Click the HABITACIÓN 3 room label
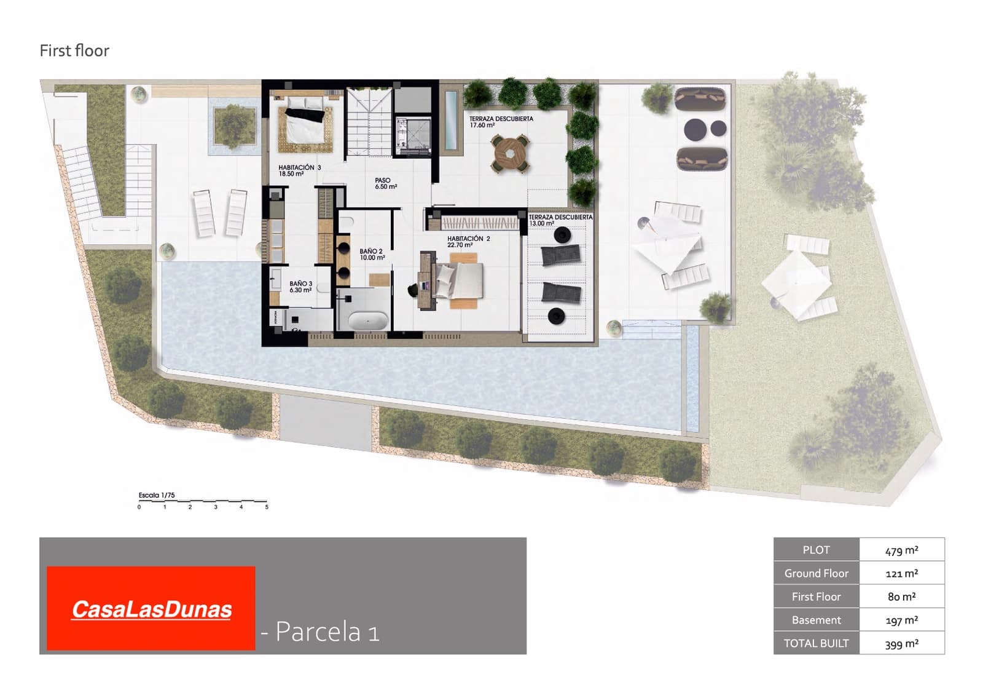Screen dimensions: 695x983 [x=299, y=170]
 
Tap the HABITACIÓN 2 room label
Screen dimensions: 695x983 [x=468, y=242]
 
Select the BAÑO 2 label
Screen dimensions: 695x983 [x=372, y=254]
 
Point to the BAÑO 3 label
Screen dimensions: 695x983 [x=300, y=287]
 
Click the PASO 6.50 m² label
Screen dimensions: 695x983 [x=385, y=183]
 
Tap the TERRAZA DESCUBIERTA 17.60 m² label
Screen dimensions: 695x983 [x=501, y=122]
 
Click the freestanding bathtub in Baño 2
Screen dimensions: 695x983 [x=368, y=321]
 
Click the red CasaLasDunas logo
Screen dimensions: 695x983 [x=151, y=608]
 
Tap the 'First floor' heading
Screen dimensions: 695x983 [x=74, y=50]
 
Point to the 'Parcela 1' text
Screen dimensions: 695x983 [x=327, y=632]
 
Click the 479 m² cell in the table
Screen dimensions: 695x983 [x=901, y=550]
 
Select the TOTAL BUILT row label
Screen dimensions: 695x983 [x=816, y=643]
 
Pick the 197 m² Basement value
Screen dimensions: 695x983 [x=901, y=620]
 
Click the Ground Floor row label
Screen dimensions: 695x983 [x=816, y=573]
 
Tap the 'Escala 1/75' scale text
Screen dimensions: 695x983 [x=157, y=495]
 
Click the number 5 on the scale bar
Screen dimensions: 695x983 [x=267, y=507]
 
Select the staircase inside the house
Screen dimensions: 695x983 [x=369, y=121]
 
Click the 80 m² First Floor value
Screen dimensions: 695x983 [x=901, y=597]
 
